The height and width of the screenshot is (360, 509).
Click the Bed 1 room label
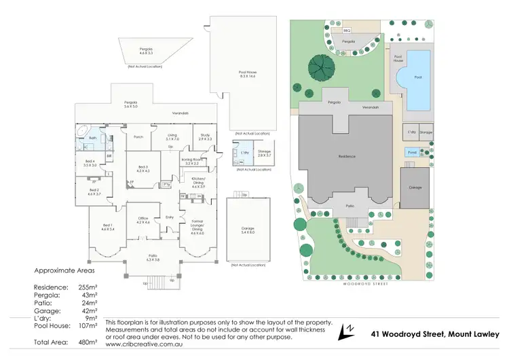point(108,228)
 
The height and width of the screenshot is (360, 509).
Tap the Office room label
point(143,221)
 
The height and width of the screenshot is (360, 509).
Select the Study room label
point(204,137)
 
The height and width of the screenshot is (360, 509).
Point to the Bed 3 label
point(143,169)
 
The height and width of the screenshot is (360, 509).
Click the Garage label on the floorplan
point(248,230)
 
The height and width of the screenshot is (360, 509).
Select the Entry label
point(170,218)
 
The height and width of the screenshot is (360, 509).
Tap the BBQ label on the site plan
point(346,31)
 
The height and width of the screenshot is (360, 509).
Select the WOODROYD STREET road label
point(354,277)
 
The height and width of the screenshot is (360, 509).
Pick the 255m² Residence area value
point(86,288)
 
